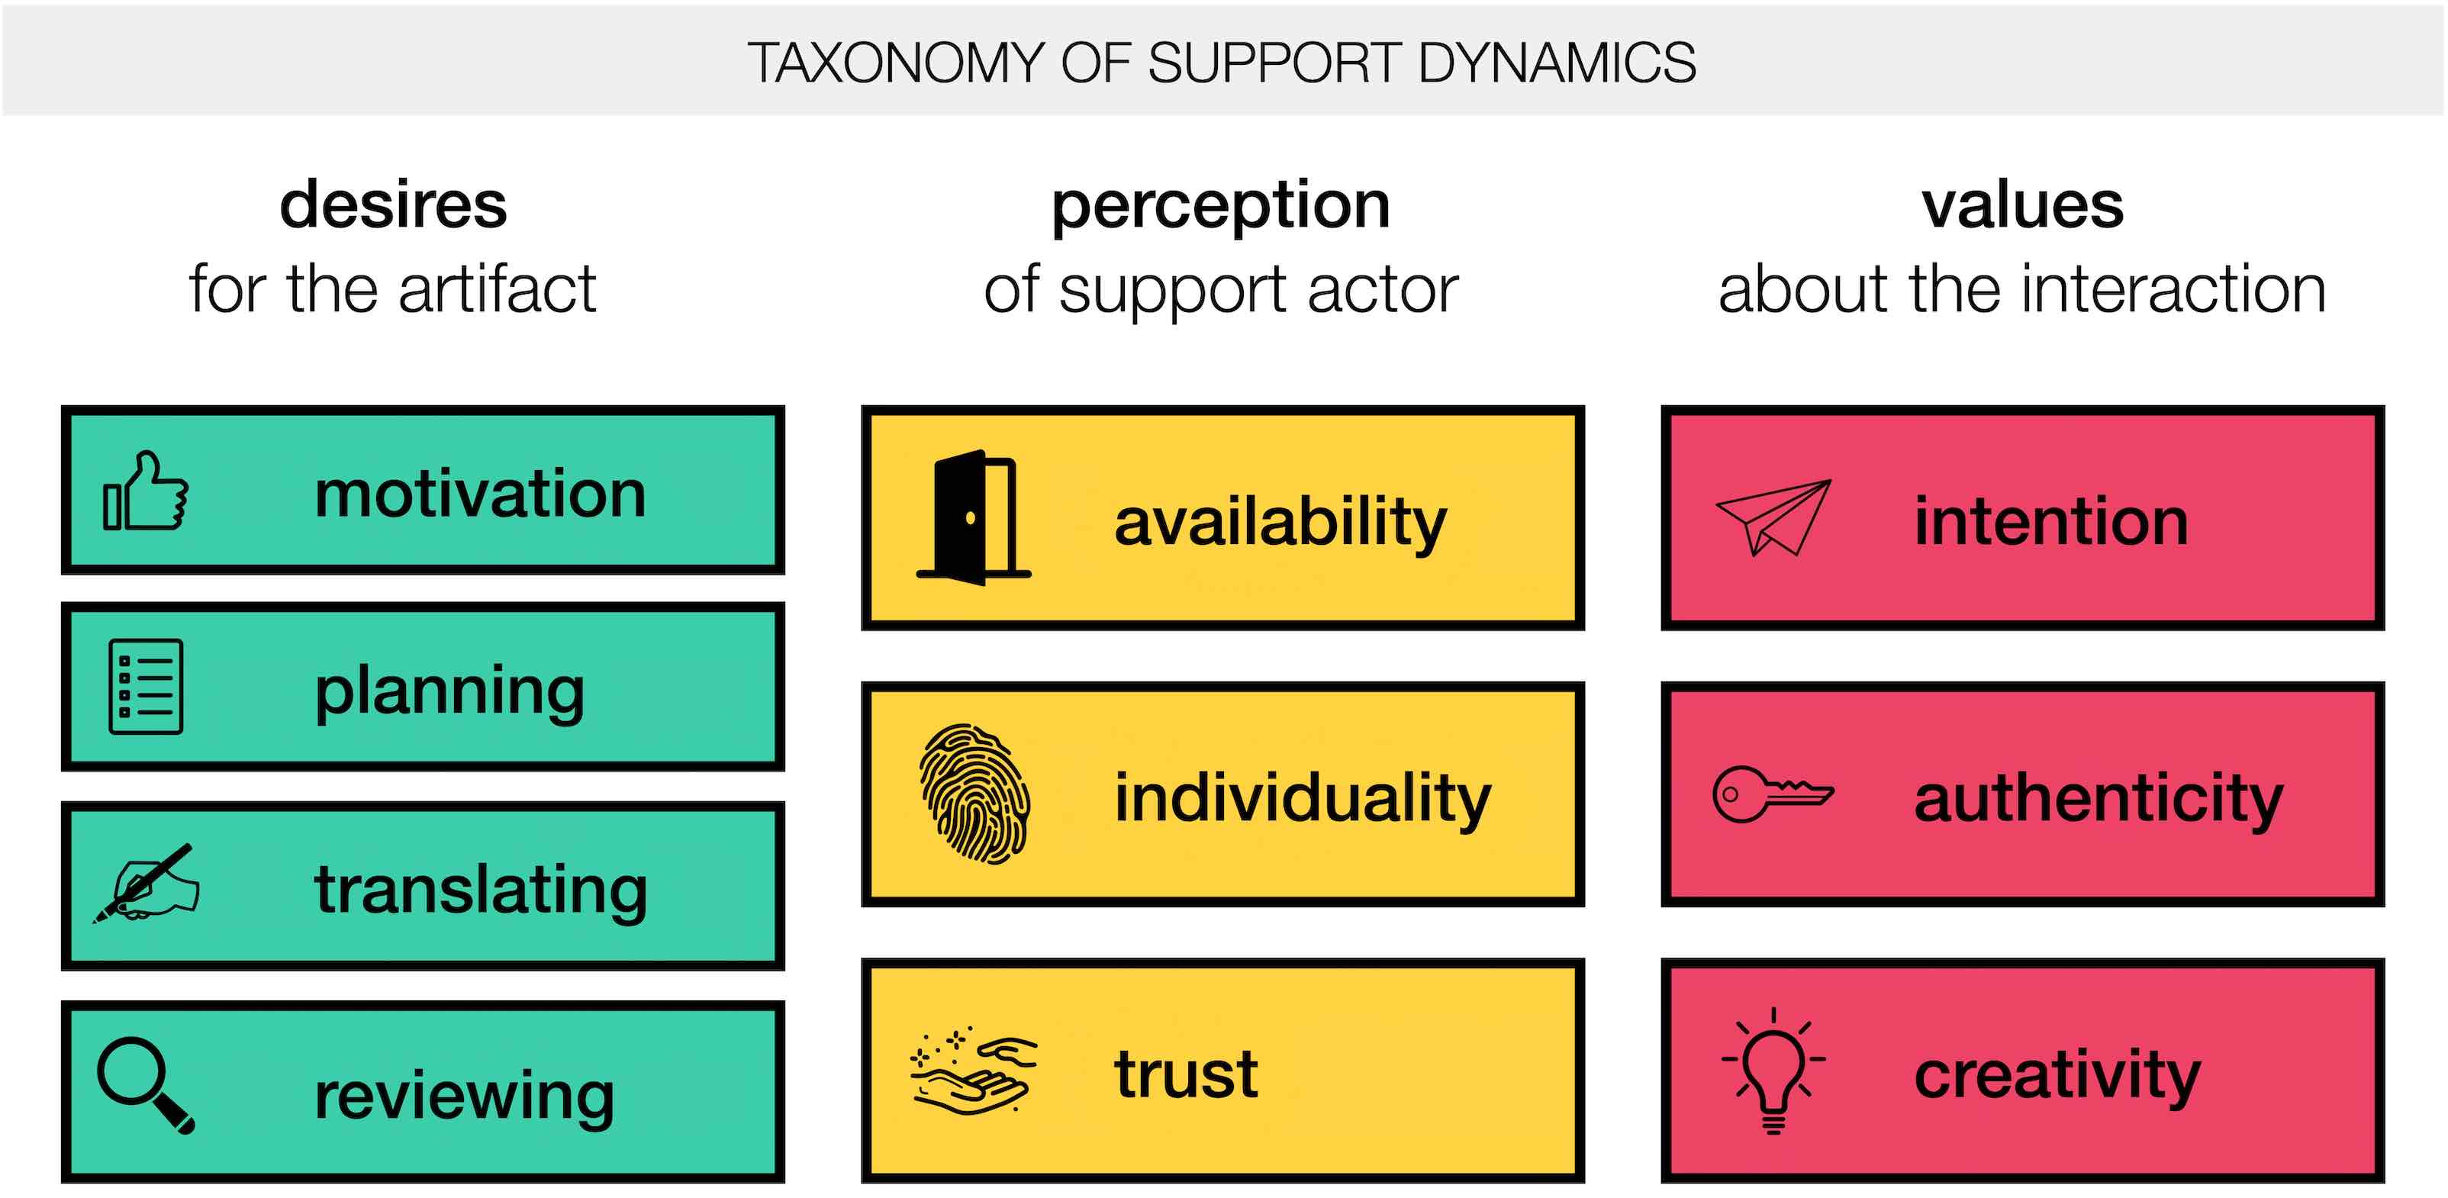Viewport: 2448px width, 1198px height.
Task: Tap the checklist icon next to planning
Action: [146, 686]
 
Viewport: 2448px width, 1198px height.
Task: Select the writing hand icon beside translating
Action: [147, 884]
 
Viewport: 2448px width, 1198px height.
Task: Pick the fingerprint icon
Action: [974, 794]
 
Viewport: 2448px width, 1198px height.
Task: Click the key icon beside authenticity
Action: [1773, 794]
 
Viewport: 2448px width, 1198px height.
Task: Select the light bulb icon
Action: [1773, 1071]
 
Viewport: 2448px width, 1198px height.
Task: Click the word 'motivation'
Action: [480, 494]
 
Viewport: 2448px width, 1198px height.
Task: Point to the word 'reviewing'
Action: [464, 1097]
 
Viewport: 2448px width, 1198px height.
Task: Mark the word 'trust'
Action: [1186, 1074]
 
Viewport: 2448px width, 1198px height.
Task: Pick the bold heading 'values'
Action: [2022, 205]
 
